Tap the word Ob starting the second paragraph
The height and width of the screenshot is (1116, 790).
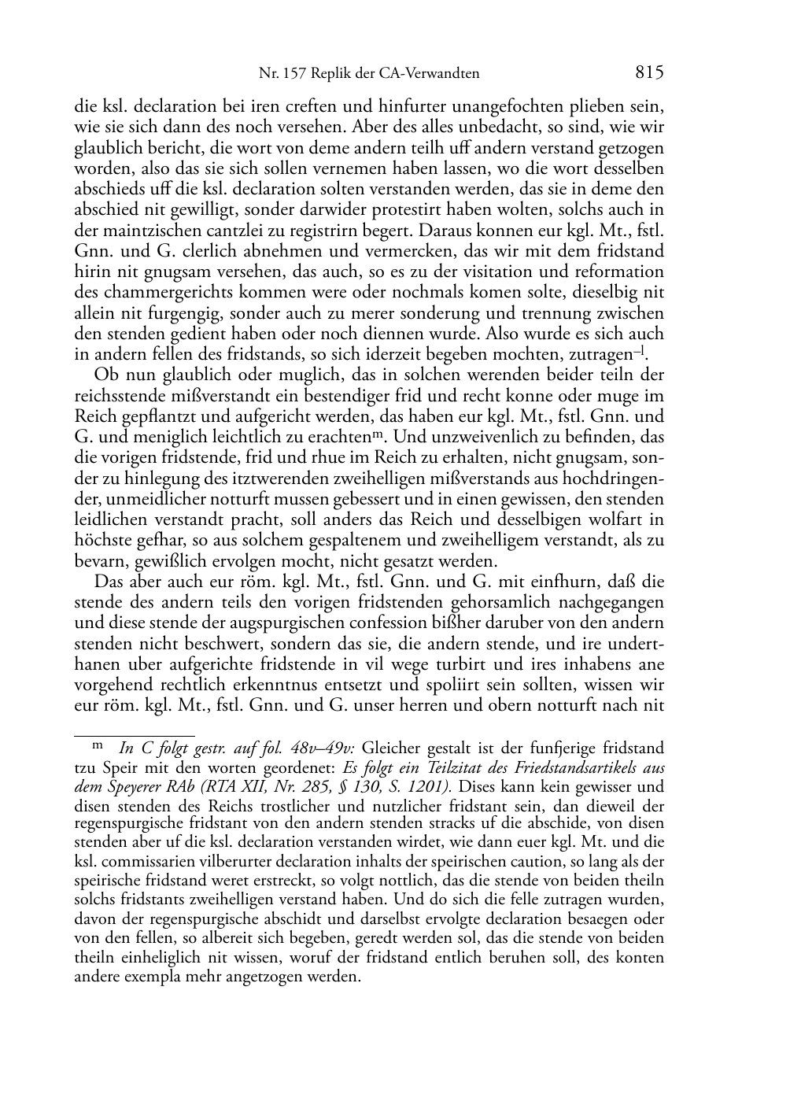pos(104,375)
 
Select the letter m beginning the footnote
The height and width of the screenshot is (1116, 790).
pos(98,745)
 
